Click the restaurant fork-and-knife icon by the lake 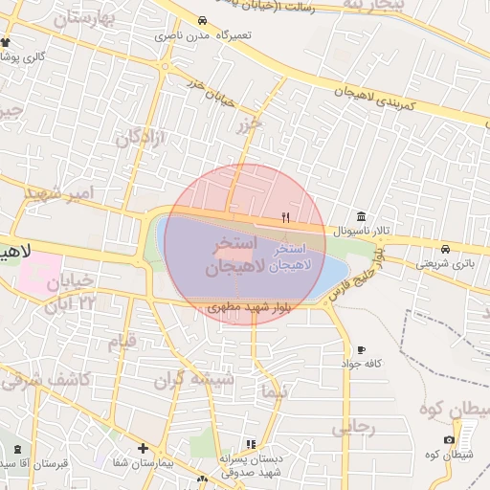click(285, 218)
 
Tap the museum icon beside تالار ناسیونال click(360, 216)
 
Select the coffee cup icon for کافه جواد click(361, 350)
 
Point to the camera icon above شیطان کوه click(449, 439)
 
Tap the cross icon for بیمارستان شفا click(143, 448)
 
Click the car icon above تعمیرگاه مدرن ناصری click(202, 21)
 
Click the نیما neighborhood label click(273, 391)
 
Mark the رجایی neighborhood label click(353, 428)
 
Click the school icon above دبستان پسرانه click(252, 444)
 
